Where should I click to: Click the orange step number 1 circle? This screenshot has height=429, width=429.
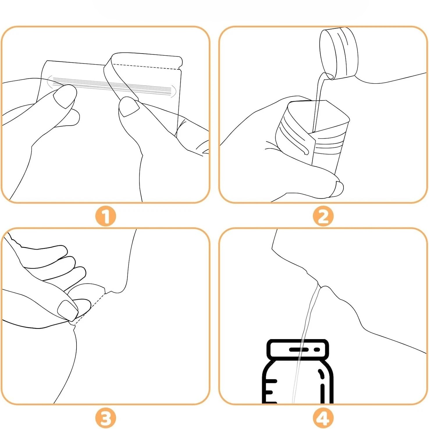coord(106,216)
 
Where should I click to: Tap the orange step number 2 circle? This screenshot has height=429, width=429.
coord(323,216)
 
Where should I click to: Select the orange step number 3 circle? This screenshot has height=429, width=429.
coord(106,418)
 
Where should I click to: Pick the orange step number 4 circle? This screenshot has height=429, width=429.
coord(323,418)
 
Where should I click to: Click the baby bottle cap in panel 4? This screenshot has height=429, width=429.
coord(298,349)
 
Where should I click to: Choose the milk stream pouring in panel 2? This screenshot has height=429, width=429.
coord(319,102)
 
